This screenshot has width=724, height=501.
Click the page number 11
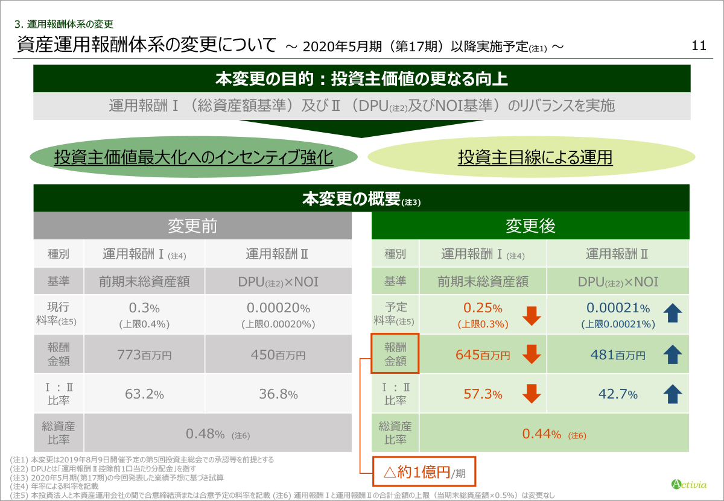[699, 46]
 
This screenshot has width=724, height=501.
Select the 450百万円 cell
[278, 355]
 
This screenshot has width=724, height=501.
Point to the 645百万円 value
[483, 355]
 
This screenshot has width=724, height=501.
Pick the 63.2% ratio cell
[144, 395]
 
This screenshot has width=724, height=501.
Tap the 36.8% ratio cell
[278, 395]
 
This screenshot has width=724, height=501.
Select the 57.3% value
[483, 395]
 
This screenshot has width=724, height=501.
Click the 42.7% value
[618, 395]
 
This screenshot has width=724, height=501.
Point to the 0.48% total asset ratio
[217, 434]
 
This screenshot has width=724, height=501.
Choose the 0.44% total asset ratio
[554, 434]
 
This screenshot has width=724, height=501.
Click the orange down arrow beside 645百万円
[532, 355]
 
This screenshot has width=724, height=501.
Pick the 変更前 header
[192, 226]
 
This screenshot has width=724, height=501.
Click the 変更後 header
[530, 226]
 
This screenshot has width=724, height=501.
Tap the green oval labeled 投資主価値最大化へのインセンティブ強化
[194, 158]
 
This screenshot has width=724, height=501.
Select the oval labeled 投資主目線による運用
[535, 158]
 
